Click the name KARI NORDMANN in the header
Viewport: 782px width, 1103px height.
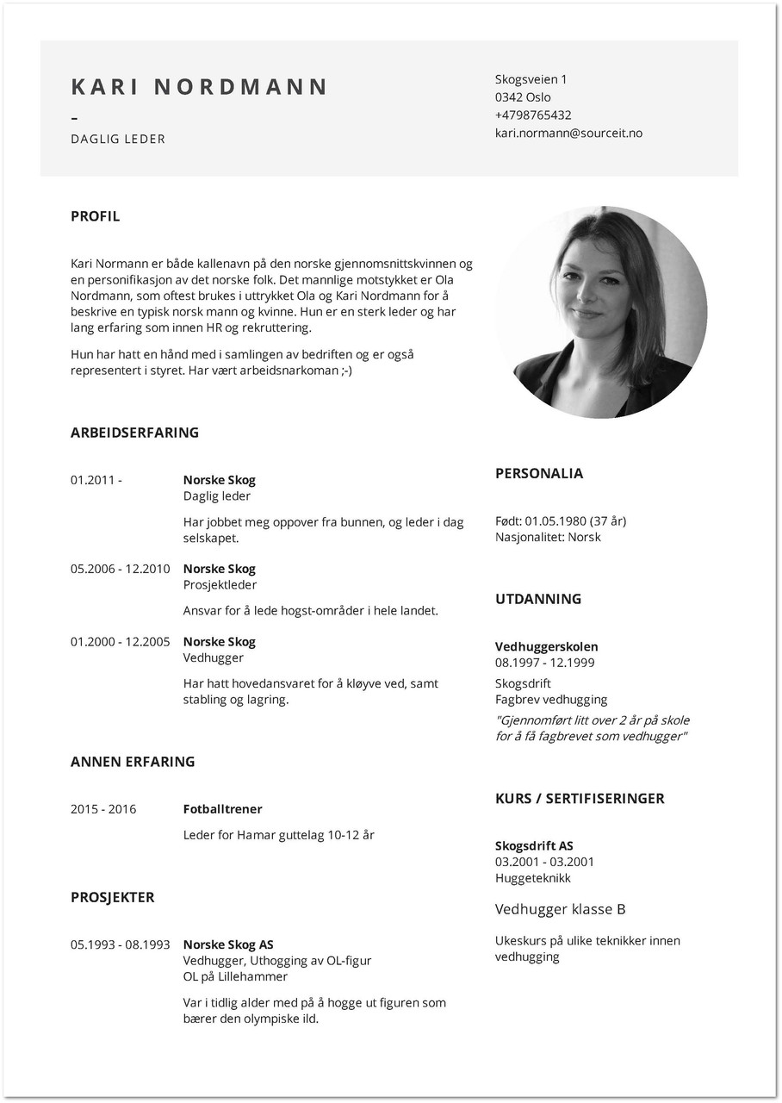(199, 87)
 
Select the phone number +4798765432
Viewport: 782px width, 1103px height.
(532, 115)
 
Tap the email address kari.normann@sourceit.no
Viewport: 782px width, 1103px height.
(568, 133)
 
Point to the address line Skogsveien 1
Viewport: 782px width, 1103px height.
(531, 79)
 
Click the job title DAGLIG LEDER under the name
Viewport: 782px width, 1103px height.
(118, 139)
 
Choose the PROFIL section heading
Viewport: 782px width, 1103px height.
(95, 216)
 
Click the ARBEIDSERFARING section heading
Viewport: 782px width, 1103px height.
(134, 433)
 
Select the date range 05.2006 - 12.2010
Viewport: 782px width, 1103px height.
(120, 569)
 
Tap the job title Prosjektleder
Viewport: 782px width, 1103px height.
(220, 585)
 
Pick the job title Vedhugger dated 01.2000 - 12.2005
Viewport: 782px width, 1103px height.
(213, 657)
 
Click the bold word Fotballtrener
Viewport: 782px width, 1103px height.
(222, 809)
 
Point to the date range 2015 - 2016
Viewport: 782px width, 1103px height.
(103, 809)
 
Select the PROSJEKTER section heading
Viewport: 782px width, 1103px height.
(112, 897)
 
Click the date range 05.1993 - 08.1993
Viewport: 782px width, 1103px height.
(120, 944)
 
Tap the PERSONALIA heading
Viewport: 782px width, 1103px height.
(538, 473)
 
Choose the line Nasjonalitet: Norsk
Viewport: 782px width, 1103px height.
(548, 537)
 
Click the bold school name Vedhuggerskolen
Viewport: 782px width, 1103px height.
(546, 646)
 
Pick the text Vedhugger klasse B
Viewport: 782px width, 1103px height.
(560, 909)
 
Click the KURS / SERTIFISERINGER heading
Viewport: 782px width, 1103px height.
(580, 799)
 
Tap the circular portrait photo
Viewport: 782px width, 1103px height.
(601, 312)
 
